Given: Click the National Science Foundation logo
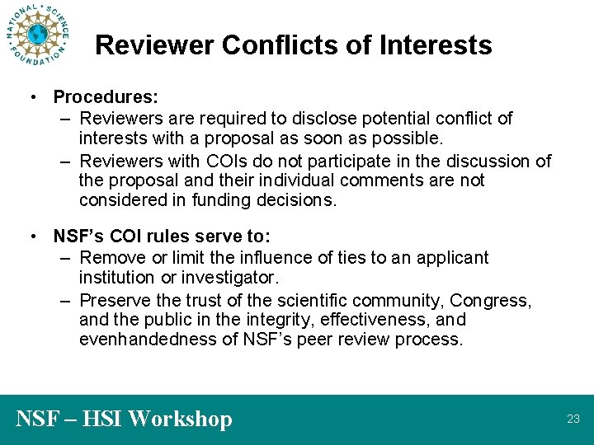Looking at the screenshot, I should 37,35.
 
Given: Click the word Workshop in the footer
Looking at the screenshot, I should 181,419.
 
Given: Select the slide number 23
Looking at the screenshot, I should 573,419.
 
